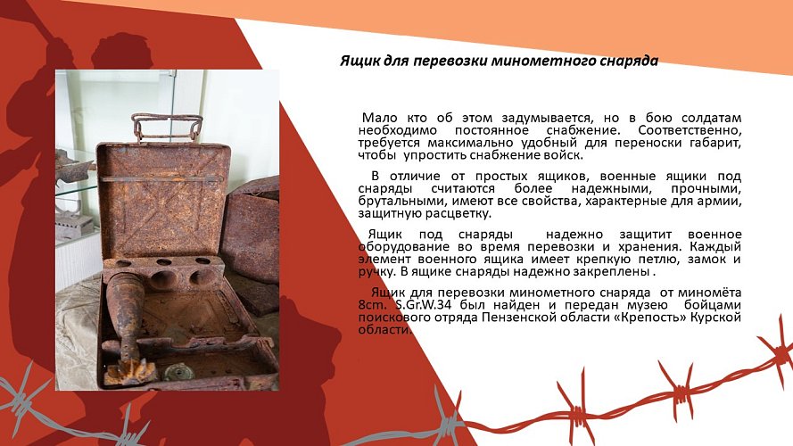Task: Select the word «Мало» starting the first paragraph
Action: (x=378, y=119)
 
